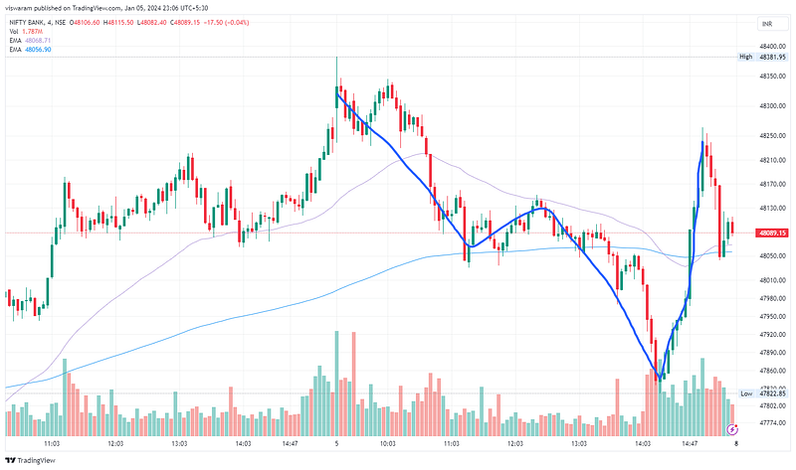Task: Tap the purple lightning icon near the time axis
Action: coord(733,429)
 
